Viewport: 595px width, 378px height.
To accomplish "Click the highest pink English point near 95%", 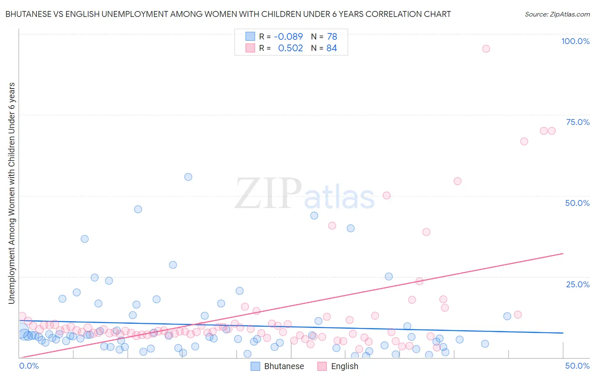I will [x=486, y=49].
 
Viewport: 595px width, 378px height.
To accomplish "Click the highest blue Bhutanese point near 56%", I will [x=188, y=177].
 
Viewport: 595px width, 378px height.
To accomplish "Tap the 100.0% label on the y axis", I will [x=575, y=41].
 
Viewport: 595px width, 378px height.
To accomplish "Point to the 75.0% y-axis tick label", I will [x=578, y=122].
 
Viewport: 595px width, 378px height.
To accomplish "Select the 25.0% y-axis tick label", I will [x=578, y=284].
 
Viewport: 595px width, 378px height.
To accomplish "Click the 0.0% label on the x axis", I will [x=29, y=366].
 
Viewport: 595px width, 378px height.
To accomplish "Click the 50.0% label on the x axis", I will [x=577, y=366].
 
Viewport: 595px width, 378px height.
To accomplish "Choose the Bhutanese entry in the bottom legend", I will [x=284, y=366].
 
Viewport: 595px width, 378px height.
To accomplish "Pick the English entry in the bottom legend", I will [x=344, y=366].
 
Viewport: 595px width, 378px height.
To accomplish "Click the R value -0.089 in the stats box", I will [x=288, y=37].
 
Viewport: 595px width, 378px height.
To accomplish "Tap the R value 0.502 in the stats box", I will [x=290, y=48].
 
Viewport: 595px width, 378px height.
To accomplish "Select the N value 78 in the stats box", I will [x=332, y=37].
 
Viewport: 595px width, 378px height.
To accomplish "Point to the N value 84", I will [x=332, y=48].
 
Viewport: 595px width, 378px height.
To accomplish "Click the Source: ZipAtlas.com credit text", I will [x=557, y=14].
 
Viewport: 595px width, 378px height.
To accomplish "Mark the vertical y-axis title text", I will [x=11, y=193].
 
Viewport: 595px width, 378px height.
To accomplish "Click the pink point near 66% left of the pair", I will [x=524, y=142].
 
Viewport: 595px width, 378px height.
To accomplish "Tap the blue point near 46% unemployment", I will [x=138, y=209].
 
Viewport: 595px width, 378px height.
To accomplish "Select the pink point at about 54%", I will [x=457, y=181].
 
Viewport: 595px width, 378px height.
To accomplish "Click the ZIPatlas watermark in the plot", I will [x=305, y=194].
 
